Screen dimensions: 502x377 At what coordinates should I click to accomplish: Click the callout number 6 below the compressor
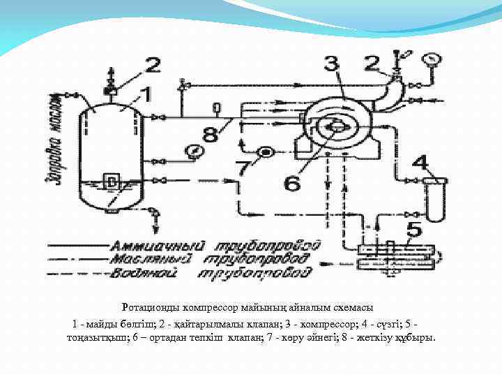coord(292,184)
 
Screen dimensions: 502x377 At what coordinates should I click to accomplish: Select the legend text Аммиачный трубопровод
coord(216,246)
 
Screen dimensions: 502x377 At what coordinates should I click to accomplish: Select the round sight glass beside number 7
coord(266,152)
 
